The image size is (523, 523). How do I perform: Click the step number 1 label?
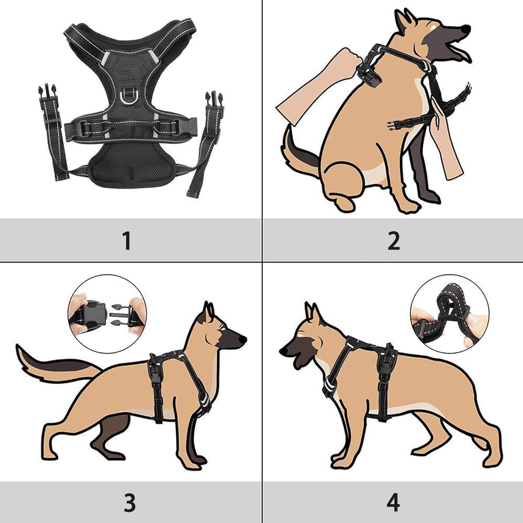coord(127,241)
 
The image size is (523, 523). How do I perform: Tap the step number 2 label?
coord(394,241)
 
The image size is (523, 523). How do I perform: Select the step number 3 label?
coord(129,502)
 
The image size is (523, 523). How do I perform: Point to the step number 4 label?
coord(393,502)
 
